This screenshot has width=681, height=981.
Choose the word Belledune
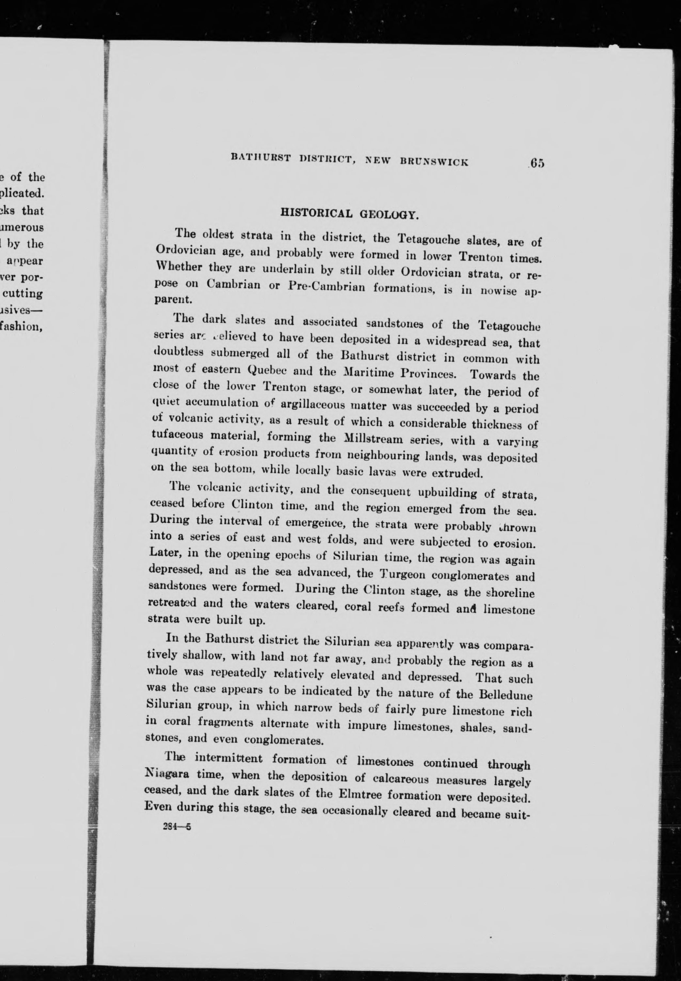click(506, 694)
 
